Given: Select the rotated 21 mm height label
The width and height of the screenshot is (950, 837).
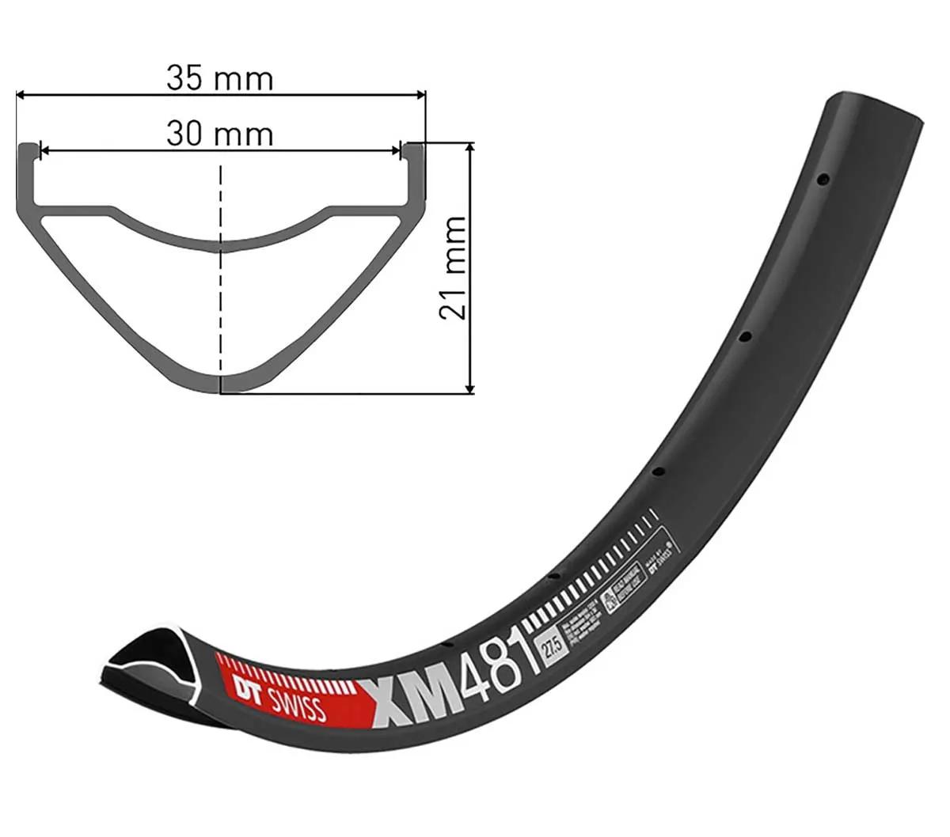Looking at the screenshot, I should pyautogui.click(x=453, y=267).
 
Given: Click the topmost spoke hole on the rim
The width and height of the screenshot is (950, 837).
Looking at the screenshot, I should pyautogui.click(x=823, y=180).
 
